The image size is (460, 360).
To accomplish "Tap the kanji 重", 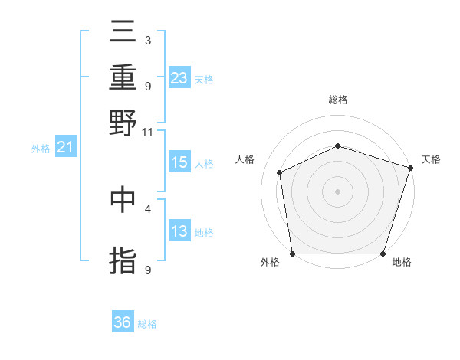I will coord(123,78).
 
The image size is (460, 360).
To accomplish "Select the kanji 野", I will coord(123,123).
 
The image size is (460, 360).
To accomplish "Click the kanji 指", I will coord(123,260).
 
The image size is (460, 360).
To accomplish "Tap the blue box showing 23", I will coord(179,78).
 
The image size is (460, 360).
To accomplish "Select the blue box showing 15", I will coord(179,162).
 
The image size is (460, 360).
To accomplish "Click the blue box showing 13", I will coord(179,231).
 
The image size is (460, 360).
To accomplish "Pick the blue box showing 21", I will coord(64,147).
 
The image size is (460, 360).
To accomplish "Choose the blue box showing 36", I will coord(123,322).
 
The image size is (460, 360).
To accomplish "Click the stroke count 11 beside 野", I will coord(147,132).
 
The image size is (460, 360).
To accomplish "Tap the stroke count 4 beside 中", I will coord(147,208).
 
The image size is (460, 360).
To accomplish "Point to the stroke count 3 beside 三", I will coord(147,40).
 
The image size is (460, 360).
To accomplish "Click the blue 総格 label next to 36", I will coord(147,324).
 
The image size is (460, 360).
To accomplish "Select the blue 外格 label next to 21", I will coord(40,149).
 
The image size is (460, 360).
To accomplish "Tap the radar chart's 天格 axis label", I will coord(431,159).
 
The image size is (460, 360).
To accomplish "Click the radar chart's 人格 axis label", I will coord(245,159).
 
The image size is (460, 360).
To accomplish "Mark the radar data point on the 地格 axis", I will coord(383,254).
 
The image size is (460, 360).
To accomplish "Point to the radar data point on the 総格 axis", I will coord(337,146).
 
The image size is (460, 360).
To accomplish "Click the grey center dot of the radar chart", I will coord(337,191).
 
